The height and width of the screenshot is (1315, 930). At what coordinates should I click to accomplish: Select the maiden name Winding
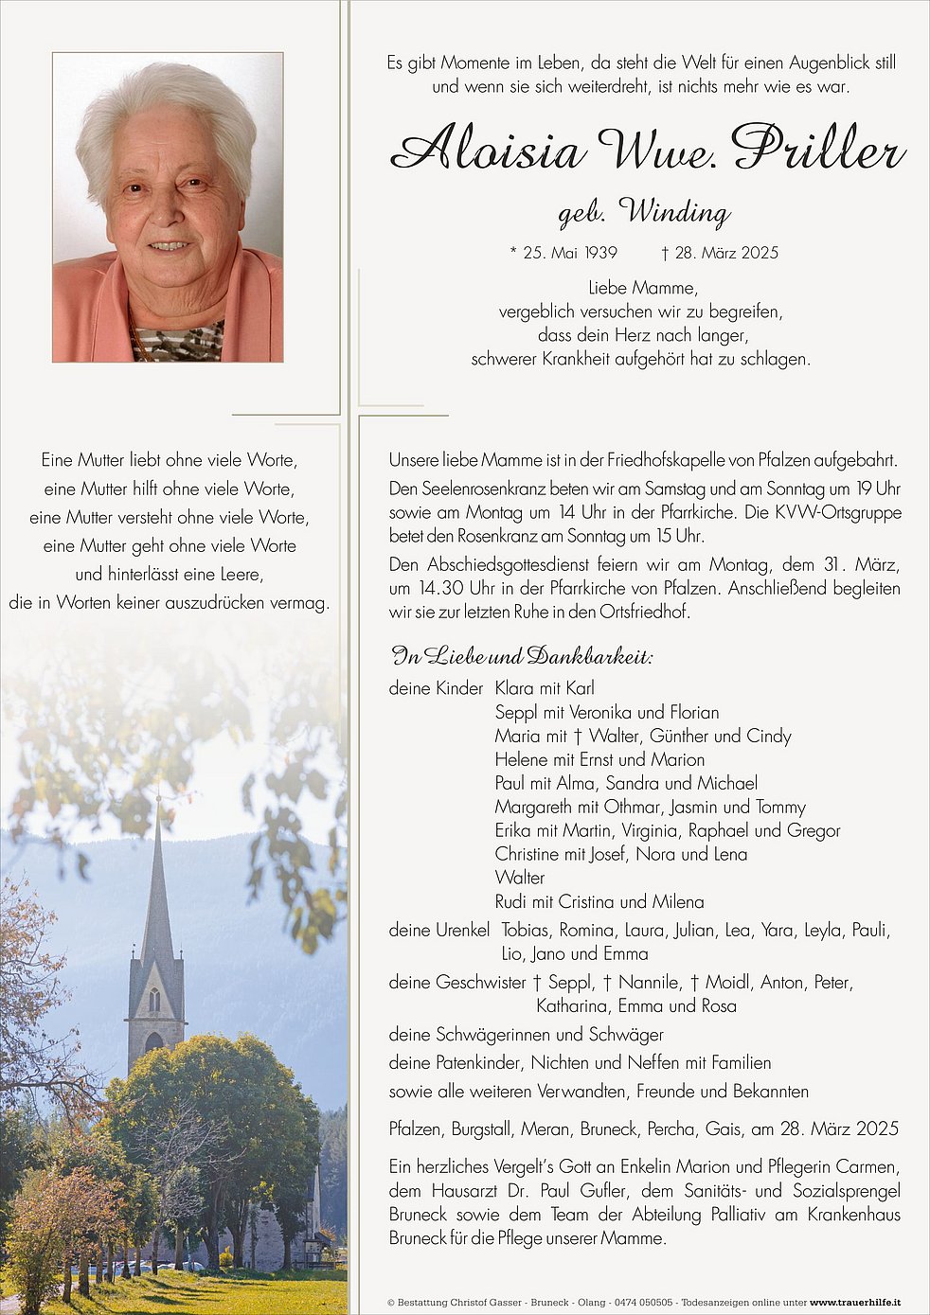674,212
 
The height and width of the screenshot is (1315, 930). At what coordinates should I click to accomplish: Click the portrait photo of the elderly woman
168,207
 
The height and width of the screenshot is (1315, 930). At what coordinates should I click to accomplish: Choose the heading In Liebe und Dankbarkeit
522,657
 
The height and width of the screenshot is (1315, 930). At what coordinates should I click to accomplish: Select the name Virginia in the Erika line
650,830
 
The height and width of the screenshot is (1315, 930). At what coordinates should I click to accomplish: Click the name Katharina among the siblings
572,1005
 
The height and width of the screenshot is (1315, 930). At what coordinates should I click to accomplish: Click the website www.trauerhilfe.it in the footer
854,1303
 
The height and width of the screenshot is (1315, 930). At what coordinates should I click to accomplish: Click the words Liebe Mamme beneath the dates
641,288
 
